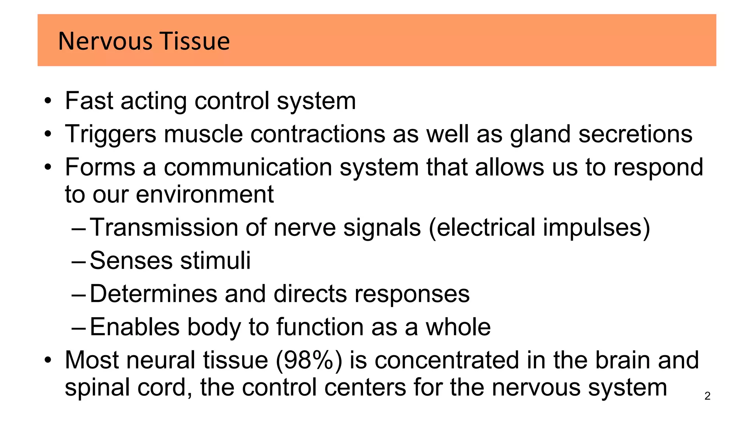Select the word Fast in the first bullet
(89, 101)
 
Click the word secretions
(635, 134)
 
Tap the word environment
(205, 194)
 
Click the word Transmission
(164, 227)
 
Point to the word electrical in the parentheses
(486, 227)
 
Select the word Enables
(135, 327)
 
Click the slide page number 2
(707, 396)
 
